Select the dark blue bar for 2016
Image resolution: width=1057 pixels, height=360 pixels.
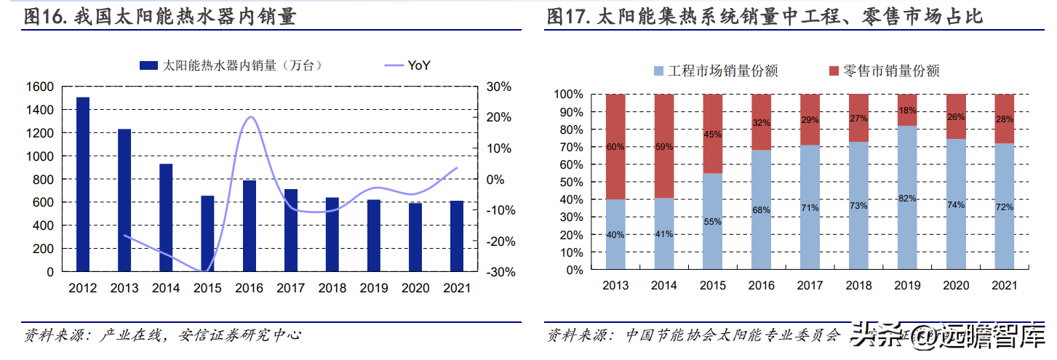249,225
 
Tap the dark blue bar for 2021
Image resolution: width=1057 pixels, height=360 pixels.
456,236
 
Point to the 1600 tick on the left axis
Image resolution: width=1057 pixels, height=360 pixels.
39,87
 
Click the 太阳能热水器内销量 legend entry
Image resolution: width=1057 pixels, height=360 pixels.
231,65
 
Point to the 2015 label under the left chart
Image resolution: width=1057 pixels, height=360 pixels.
207,288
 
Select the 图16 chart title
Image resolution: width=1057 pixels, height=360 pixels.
160,16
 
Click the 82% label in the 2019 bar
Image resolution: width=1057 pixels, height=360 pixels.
906,198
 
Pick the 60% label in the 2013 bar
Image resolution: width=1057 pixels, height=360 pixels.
615,147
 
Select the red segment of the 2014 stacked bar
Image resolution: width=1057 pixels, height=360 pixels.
663,145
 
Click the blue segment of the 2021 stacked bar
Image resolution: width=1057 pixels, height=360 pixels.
1004,207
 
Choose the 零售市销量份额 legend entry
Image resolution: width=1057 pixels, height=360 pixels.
883,71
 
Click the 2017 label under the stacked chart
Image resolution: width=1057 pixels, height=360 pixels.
810,286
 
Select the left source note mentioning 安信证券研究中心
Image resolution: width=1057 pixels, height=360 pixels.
163,336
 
